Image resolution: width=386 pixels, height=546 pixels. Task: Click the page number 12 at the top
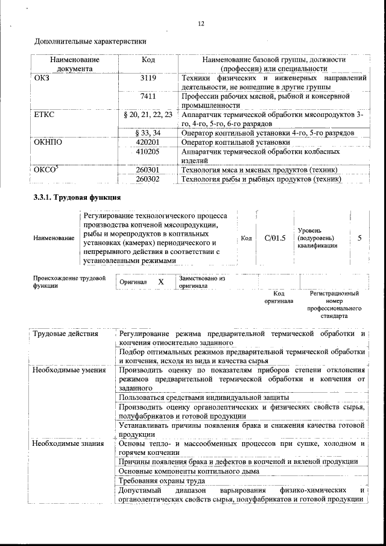tap(201, 24)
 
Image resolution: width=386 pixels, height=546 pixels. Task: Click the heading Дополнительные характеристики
tap(90, 42)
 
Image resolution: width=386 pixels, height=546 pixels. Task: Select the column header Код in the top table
tap(148, 60)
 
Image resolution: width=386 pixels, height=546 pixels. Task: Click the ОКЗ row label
tap(42, 78)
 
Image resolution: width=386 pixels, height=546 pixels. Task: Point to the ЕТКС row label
tap(45, 114)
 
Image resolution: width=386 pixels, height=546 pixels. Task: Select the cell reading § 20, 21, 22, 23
tap(148, 114)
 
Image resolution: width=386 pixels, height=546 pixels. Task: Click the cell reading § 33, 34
tap(148, 133)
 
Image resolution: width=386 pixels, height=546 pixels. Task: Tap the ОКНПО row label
tap(48, 142)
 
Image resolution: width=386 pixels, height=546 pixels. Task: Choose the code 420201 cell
tap(148, 142)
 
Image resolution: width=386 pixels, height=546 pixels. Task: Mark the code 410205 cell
tap(148, 151)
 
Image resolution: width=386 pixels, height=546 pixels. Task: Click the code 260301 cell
tap(148, 170)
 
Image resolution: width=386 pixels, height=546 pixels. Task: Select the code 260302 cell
tap(148, 179)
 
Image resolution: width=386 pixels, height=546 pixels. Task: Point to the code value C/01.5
tap(274, 238)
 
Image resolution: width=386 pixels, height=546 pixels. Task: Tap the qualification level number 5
tap(359, 238)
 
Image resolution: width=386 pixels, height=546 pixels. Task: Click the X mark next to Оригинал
tap(161, 282)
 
